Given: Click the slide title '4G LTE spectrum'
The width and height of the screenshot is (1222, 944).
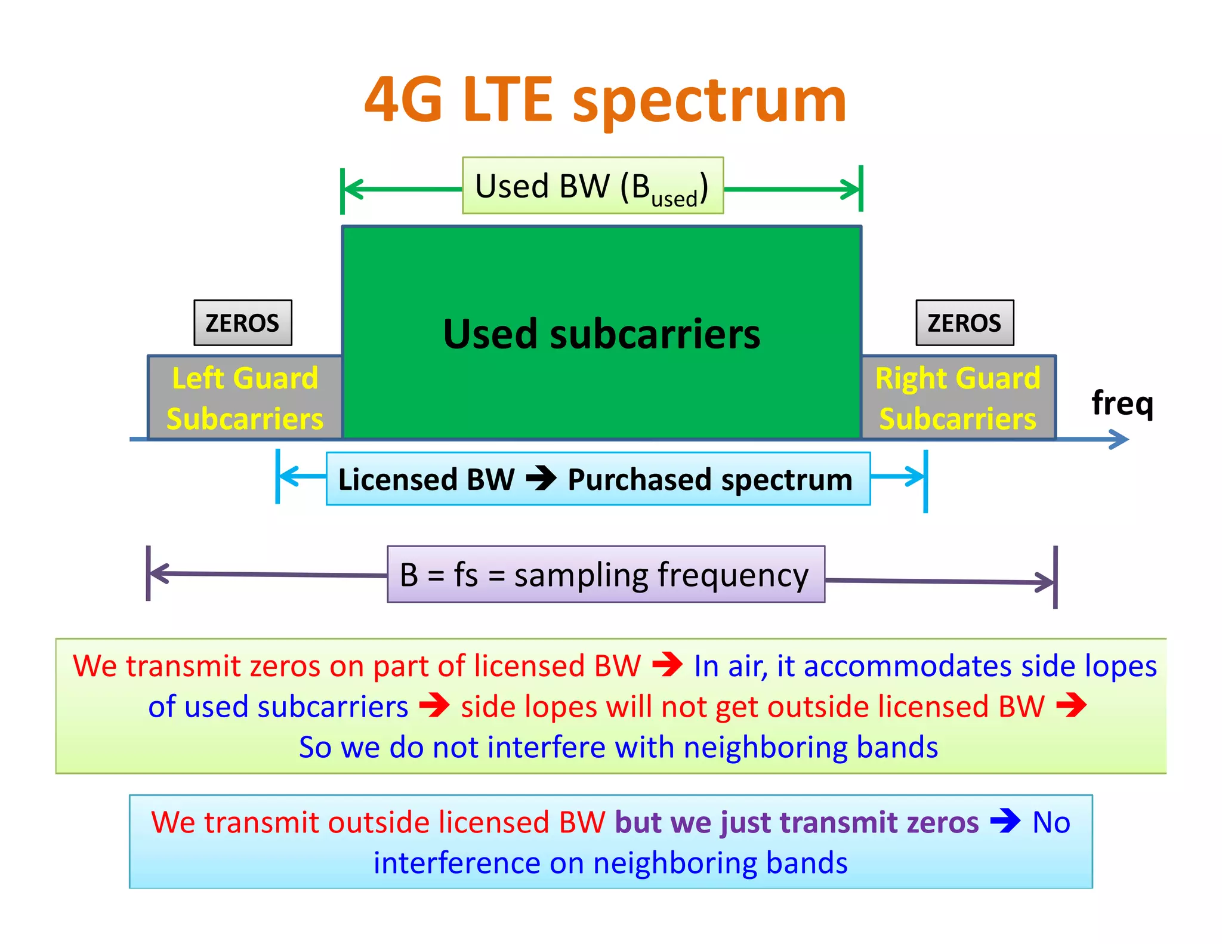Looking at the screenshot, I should click(x=605, y=100).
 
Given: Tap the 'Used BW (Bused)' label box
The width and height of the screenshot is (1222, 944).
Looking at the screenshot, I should click(x=593, y=186).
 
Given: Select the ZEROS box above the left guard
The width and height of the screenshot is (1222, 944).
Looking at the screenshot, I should click(x=242, y=323).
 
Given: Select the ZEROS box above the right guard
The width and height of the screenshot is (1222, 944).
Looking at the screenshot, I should click(x=964, y=323).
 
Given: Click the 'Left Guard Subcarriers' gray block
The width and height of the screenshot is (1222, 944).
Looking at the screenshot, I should click(x=245, y=398).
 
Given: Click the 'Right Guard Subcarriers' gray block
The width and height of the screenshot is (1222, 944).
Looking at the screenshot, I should click(x=958, y=398).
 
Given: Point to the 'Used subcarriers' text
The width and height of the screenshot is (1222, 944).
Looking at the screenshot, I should click(x=601, y=334).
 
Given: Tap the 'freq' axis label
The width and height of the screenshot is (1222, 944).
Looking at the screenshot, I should click(x=1122, y=403).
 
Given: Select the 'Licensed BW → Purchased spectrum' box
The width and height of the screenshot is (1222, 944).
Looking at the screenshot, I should click(x=598, y=479).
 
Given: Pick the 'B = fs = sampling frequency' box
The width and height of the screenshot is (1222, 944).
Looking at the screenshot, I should click(x=606, y=575).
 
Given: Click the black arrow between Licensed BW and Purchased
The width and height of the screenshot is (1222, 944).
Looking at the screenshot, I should click(x=541, y=479).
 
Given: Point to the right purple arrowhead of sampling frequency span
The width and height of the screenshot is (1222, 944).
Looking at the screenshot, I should click(x=1045, y=582).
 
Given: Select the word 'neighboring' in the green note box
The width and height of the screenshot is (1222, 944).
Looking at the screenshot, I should click(x=766, y=747).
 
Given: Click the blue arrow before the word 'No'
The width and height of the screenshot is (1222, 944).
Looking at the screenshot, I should click(x=1005, y=821).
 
